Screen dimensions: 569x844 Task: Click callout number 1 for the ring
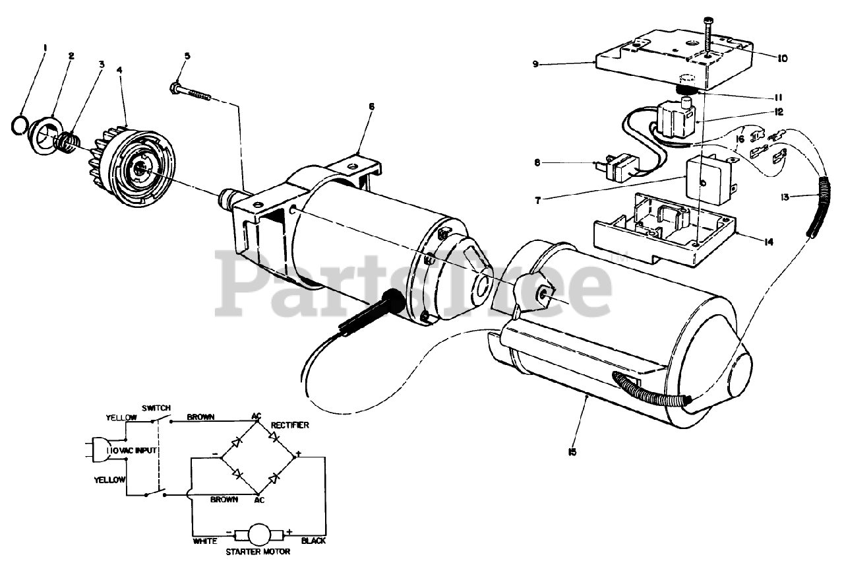[45, 48]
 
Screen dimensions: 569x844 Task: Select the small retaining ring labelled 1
[20, 123]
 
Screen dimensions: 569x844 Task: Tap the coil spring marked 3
[67, 141]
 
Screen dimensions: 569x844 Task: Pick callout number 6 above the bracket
[372, 106]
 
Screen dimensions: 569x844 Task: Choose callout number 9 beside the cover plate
[536, 64]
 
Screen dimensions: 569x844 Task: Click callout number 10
[781, 58]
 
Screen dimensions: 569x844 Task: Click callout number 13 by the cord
[783, 196]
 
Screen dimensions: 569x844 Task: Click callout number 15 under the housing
[572, 452]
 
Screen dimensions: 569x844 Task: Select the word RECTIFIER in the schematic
[290, 425]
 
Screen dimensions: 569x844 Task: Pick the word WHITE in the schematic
[205, 541]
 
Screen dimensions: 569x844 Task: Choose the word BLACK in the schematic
[313, 541]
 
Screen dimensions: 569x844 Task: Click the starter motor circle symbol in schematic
[258, 532]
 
